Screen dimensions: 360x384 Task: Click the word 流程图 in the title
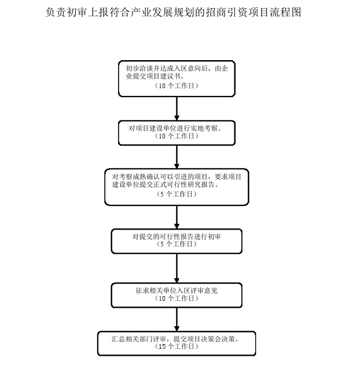(285, 12)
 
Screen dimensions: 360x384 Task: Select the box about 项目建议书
(177, 79)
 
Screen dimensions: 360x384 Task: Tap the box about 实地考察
(177, 133)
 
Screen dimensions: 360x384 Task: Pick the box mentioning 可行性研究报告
(177, 187)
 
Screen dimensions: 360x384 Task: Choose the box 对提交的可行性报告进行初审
(177, 241)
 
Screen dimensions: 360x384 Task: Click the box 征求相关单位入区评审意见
(177, 295)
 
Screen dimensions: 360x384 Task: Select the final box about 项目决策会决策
(177, 344)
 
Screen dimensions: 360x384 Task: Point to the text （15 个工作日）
(177, 346)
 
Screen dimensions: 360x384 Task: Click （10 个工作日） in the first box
(177, 86)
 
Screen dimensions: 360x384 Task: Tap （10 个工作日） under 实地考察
(177, 136)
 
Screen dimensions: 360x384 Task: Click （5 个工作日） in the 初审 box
(177, 244)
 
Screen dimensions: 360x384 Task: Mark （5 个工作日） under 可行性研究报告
(177, 194)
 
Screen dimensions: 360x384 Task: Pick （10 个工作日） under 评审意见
(177, 298)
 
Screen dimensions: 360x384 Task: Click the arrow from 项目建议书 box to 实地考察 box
(177, 109)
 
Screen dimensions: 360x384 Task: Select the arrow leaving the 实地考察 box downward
(177, 157)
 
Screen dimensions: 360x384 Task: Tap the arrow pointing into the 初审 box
(177, 217)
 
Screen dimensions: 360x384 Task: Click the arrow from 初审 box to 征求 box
(177, 268)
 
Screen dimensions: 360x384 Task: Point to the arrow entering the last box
(177, 319)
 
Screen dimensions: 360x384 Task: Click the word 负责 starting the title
(56, 12)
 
